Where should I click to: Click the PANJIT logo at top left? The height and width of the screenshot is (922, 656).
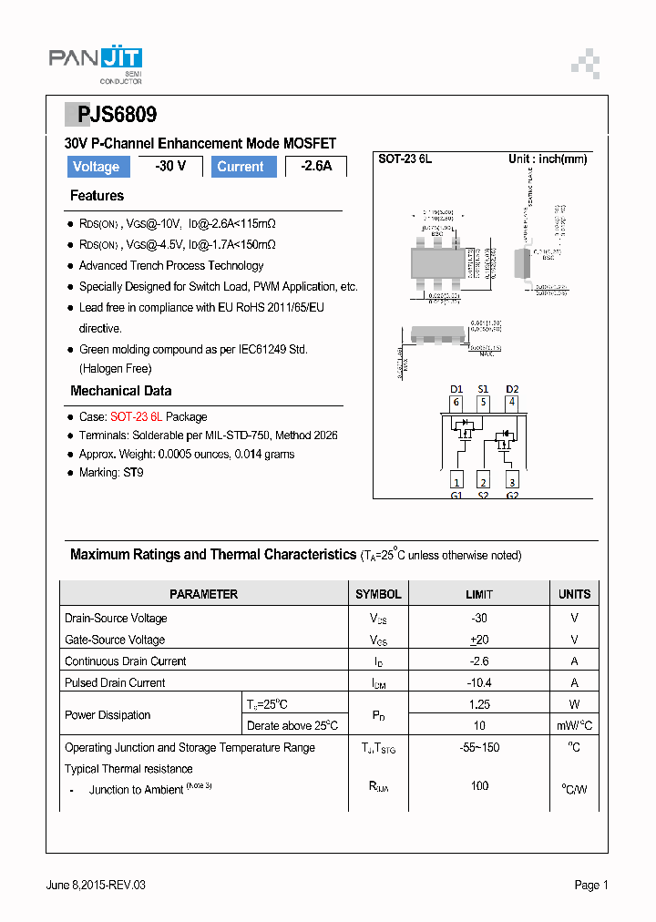point(95,62)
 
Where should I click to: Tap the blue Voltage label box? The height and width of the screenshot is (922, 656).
point(96,167)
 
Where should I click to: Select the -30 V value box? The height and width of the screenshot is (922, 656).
point(169,166)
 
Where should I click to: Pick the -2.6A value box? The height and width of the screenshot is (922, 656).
point(316,167)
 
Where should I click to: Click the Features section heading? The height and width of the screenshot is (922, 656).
point(97,196)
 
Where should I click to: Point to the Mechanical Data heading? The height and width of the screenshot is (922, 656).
point(120,391)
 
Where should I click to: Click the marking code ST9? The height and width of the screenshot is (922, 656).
point(133,473)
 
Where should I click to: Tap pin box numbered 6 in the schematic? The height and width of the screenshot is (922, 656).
point(456,403)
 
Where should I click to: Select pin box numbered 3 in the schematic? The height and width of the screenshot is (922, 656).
point(512,481)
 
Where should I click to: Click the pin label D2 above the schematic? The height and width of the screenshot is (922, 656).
point(512,389)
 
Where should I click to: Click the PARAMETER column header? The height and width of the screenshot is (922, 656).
point(203,594)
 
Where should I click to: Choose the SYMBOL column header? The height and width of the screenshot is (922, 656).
point(378,594)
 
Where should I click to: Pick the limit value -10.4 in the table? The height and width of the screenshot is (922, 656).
point(479,682)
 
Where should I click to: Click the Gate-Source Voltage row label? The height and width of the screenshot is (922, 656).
point(115,640)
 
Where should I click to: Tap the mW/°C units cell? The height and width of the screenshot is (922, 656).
point(574,725)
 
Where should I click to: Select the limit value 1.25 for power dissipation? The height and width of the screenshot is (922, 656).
point(479,704)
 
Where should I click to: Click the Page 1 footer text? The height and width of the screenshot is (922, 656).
point(590,885)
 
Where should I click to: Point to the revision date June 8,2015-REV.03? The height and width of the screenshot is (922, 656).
point(96,885)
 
